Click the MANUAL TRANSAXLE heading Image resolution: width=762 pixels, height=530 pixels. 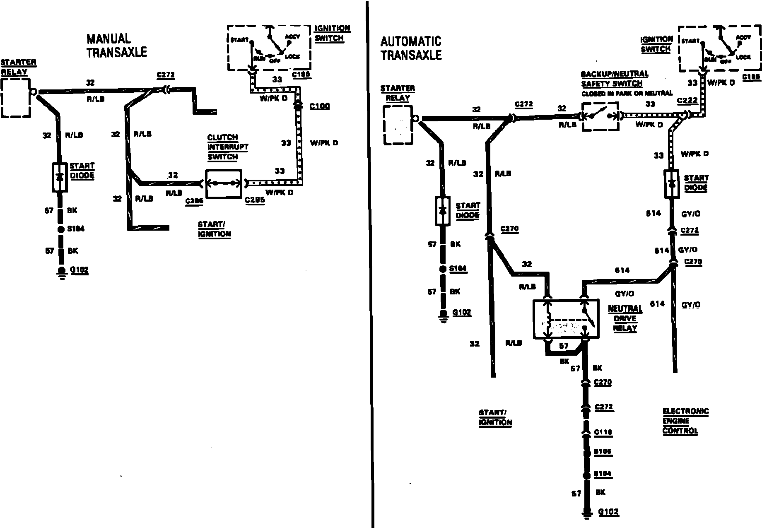coord(116,45)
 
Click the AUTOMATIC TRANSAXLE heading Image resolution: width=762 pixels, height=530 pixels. coord(411,48)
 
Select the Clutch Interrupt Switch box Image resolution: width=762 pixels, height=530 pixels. coord(224,183)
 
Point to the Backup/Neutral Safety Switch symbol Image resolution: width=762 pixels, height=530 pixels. coord(600,117)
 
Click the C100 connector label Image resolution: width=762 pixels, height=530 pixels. coord(320,106)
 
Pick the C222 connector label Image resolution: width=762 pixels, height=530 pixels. coord(687,101)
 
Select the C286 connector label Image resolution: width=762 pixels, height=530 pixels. coord(195,201)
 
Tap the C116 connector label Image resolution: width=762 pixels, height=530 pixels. coord(603,432)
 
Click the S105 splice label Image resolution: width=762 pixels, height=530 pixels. coord(603,452)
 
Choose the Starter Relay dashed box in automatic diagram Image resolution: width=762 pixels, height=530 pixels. coord(398,125)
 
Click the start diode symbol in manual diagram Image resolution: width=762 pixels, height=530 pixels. coord(60,177)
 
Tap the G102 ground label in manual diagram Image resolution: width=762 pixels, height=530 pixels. coord(79,270)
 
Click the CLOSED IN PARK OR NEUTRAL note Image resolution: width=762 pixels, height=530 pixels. coord(627,94)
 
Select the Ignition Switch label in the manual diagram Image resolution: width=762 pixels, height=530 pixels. coord(332,33)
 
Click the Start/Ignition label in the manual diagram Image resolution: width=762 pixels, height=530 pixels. coord(214,229)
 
